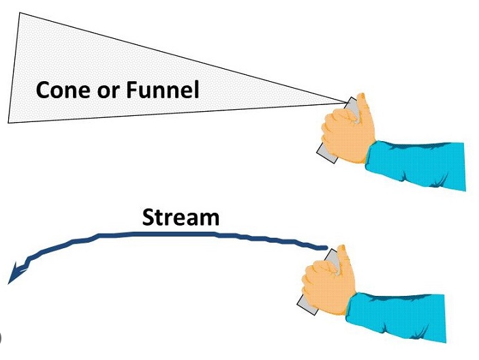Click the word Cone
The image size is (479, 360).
[x=63, y=89]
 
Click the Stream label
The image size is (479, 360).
[x=181, y=217]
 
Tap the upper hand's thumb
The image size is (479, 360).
[x=360, y=106]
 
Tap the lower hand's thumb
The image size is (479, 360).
[x=343, y=258]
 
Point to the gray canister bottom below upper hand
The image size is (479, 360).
[x=326, y=156]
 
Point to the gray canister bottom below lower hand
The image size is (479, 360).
[x=307, y=308]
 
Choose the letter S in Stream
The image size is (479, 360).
[x=149, y=217]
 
